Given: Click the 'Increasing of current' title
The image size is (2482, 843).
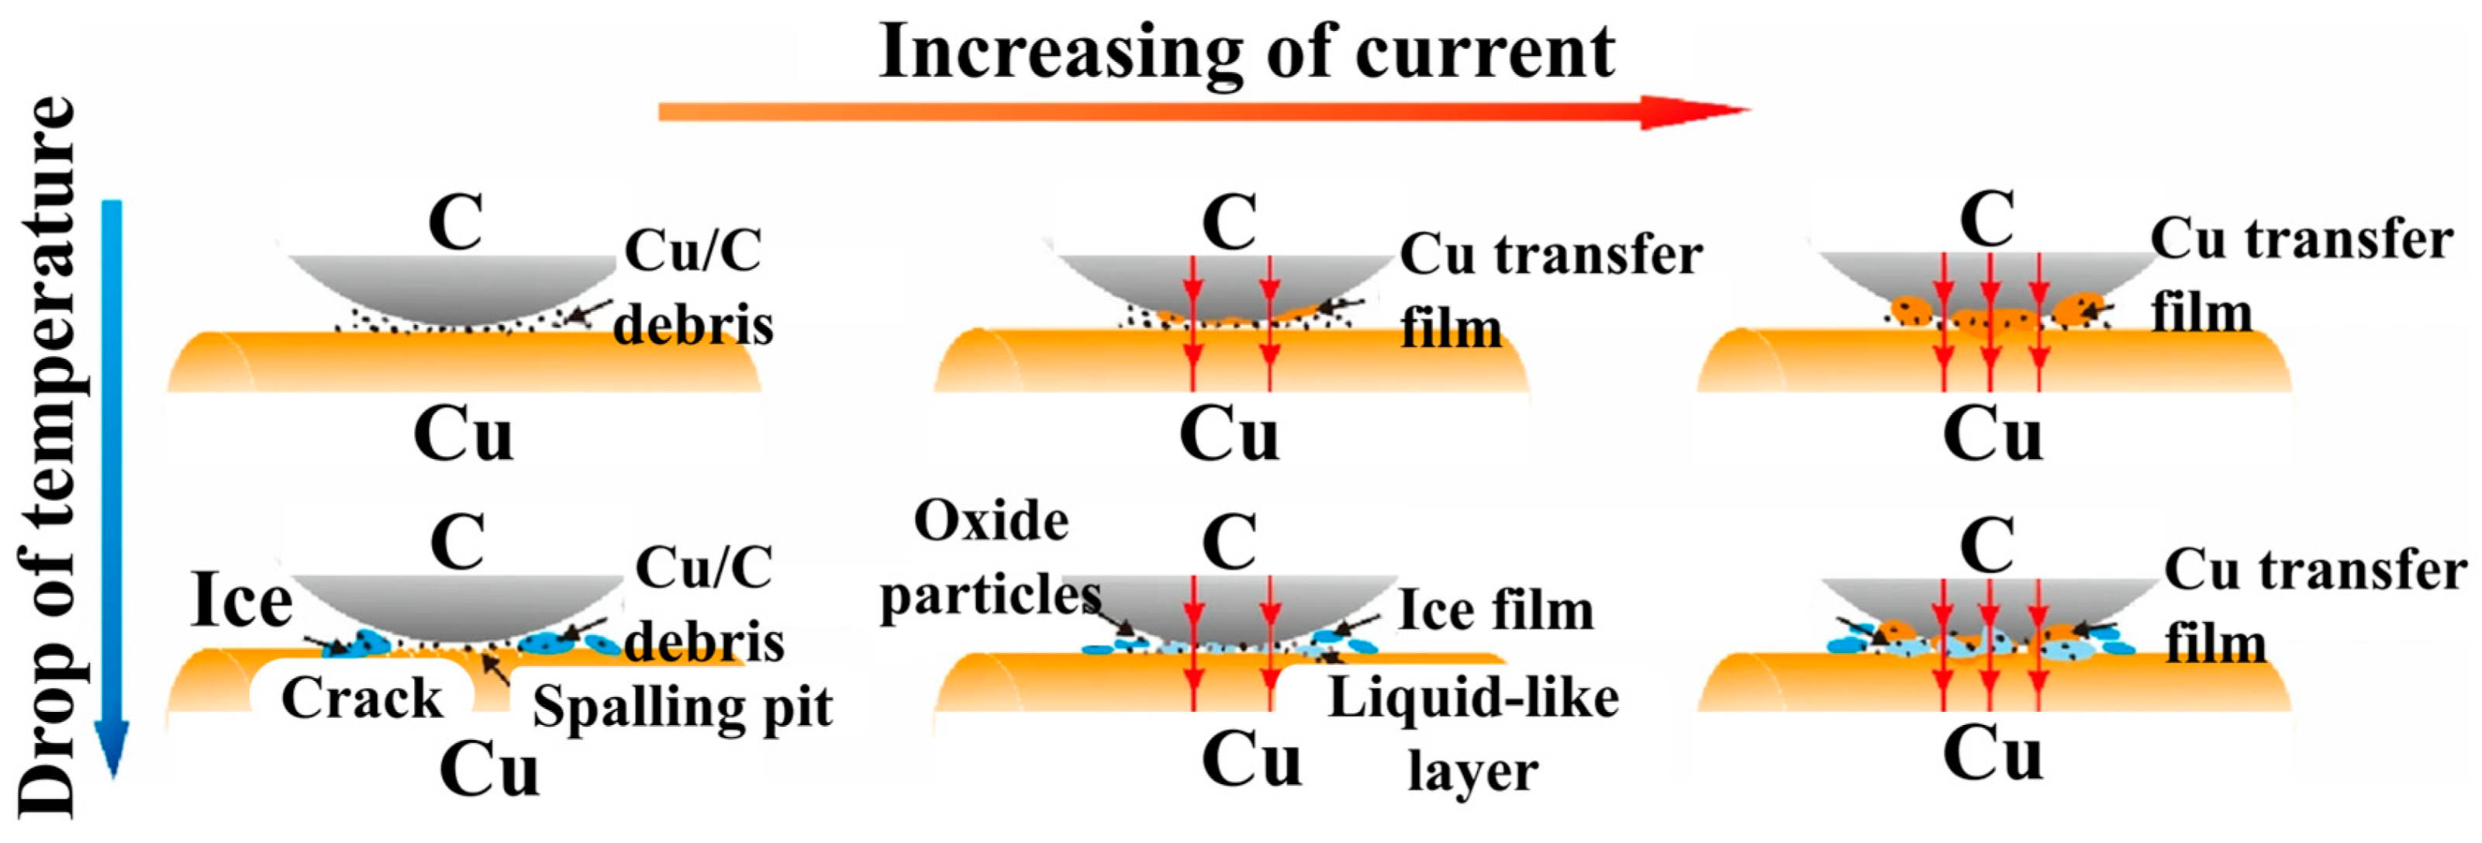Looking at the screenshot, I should click(1247, 52).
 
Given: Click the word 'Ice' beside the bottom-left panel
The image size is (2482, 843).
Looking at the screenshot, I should click(241, 601).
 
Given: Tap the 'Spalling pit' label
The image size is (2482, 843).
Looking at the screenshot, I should click(682, 708).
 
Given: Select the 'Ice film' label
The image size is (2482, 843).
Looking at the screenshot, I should click(1496, 610).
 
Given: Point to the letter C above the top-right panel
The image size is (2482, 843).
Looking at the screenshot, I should click(1987, 219).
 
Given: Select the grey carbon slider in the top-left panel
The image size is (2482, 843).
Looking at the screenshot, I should click(453, 284).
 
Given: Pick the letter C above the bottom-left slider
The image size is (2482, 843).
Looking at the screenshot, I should click(457, 541).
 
